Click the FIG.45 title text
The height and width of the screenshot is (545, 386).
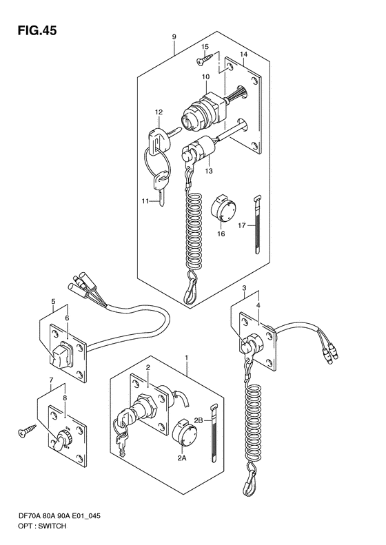[32, 30]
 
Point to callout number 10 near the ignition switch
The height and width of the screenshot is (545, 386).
[205, 76]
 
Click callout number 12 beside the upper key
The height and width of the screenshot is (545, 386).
[159, 112]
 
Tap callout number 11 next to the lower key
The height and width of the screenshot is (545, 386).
[145, 200]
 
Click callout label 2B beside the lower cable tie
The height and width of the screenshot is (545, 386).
[201, 420]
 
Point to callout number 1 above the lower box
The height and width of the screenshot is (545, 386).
[186, 357]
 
